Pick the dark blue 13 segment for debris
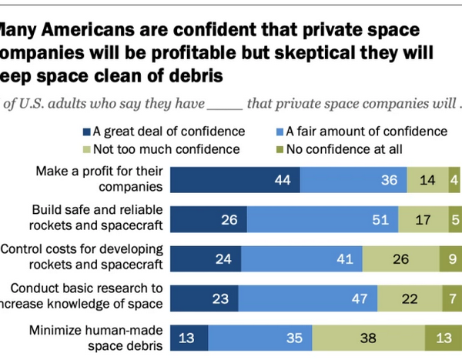click(189, 338)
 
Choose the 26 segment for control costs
click(400, 258)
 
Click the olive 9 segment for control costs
click(450, 258)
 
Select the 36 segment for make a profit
click(352, 179)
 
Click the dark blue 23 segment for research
click(204, 298)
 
